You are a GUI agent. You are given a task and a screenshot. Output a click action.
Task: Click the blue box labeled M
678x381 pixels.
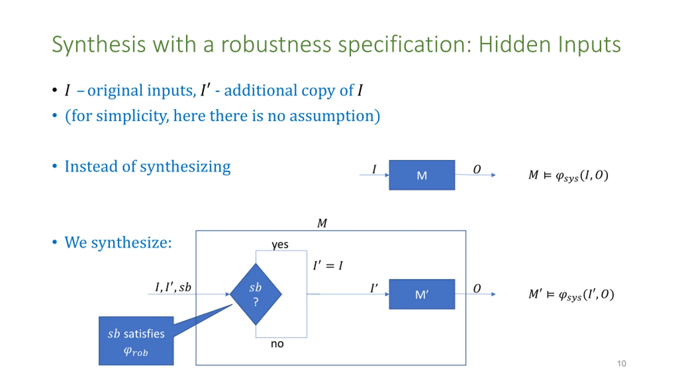coord(422,175)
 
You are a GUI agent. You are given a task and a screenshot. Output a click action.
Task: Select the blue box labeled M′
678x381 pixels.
coord(422,294)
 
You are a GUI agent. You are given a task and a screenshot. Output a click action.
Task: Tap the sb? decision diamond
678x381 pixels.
coord(256,294)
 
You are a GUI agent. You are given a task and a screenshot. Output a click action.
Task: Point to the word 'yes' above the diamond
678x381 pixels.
coord(280,244)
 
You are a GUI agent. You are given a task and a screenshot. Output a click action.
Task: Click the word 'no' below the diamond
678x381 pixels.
coord(277,344)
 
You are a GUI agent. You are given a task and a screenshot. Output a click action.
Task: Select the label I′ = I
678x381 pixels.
coord(328,265)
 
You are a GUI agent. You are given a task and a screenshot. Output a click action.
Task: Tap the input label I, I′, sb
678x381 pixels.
coord(173,287)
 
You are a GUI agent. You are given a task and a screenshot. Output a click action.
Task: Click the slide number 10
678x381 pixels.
coord(621,364)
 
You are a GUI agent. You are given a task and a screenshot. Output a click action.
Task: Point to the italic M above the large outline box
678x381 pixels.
coord(322,223)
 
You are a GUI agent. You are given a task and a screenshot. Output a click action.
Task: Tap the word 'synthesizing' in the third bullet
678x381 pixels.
coord(185,167)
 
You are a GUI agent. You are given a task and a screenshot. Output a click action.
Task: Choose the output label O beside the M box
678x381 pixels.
coord(477,169)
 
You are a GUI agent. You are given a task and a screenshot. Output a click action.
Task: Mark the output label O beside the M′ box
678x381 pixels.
coord(477,288)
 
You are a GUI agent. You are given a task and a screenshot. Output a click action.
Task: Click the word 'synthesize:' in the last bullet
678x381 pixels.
coord(131,242)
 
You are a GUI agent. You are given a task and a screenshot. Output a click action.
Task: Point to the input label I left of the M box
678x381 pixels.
coord(374,169)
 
